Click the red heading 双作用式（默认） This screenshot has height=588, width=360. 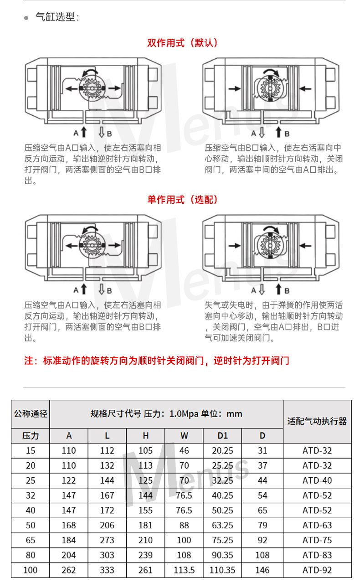coord(182,42)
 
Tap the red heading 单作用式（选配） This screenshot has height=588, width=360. coord(182,200)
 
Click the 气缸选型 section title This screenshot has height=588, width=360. coord(57,17)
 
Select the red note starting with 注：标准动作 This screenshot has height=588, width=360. coord(157,361)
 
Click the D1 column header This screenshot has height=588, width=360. coord(222,436)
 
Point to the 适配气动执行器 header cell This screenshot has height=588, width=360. coord(317,421)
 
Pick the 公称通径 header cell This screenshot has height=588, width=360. coord(31,414)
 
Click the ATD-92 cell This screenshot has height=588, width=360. coord(317,570)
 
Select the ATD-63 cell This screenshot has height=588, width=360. coord(317,525)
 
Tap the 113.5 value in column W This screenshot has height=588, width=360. coord(184,570)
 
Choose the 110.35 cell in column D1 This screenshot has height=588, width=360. coord(222,570)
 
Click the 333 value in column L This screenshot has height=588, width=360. coord(107,570)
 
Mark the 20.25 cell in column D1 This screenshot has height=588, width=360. coord(222,451)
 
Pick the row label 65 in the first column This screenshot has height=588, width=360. coord(31,540)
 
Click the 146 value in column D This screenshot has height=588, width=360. coord(262,570)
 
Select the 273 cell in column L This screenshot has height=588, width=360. coord(107,540)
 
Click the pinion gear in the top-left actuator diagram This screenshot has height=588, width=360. coord(92,88)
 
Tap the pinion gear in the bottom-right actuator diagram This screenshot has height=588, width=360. coord(270,245)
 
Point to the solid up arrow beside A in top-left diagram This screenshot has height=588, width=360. coord(84,132)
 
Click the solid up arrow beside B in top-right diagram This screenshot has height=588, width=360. coord(279,132)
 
